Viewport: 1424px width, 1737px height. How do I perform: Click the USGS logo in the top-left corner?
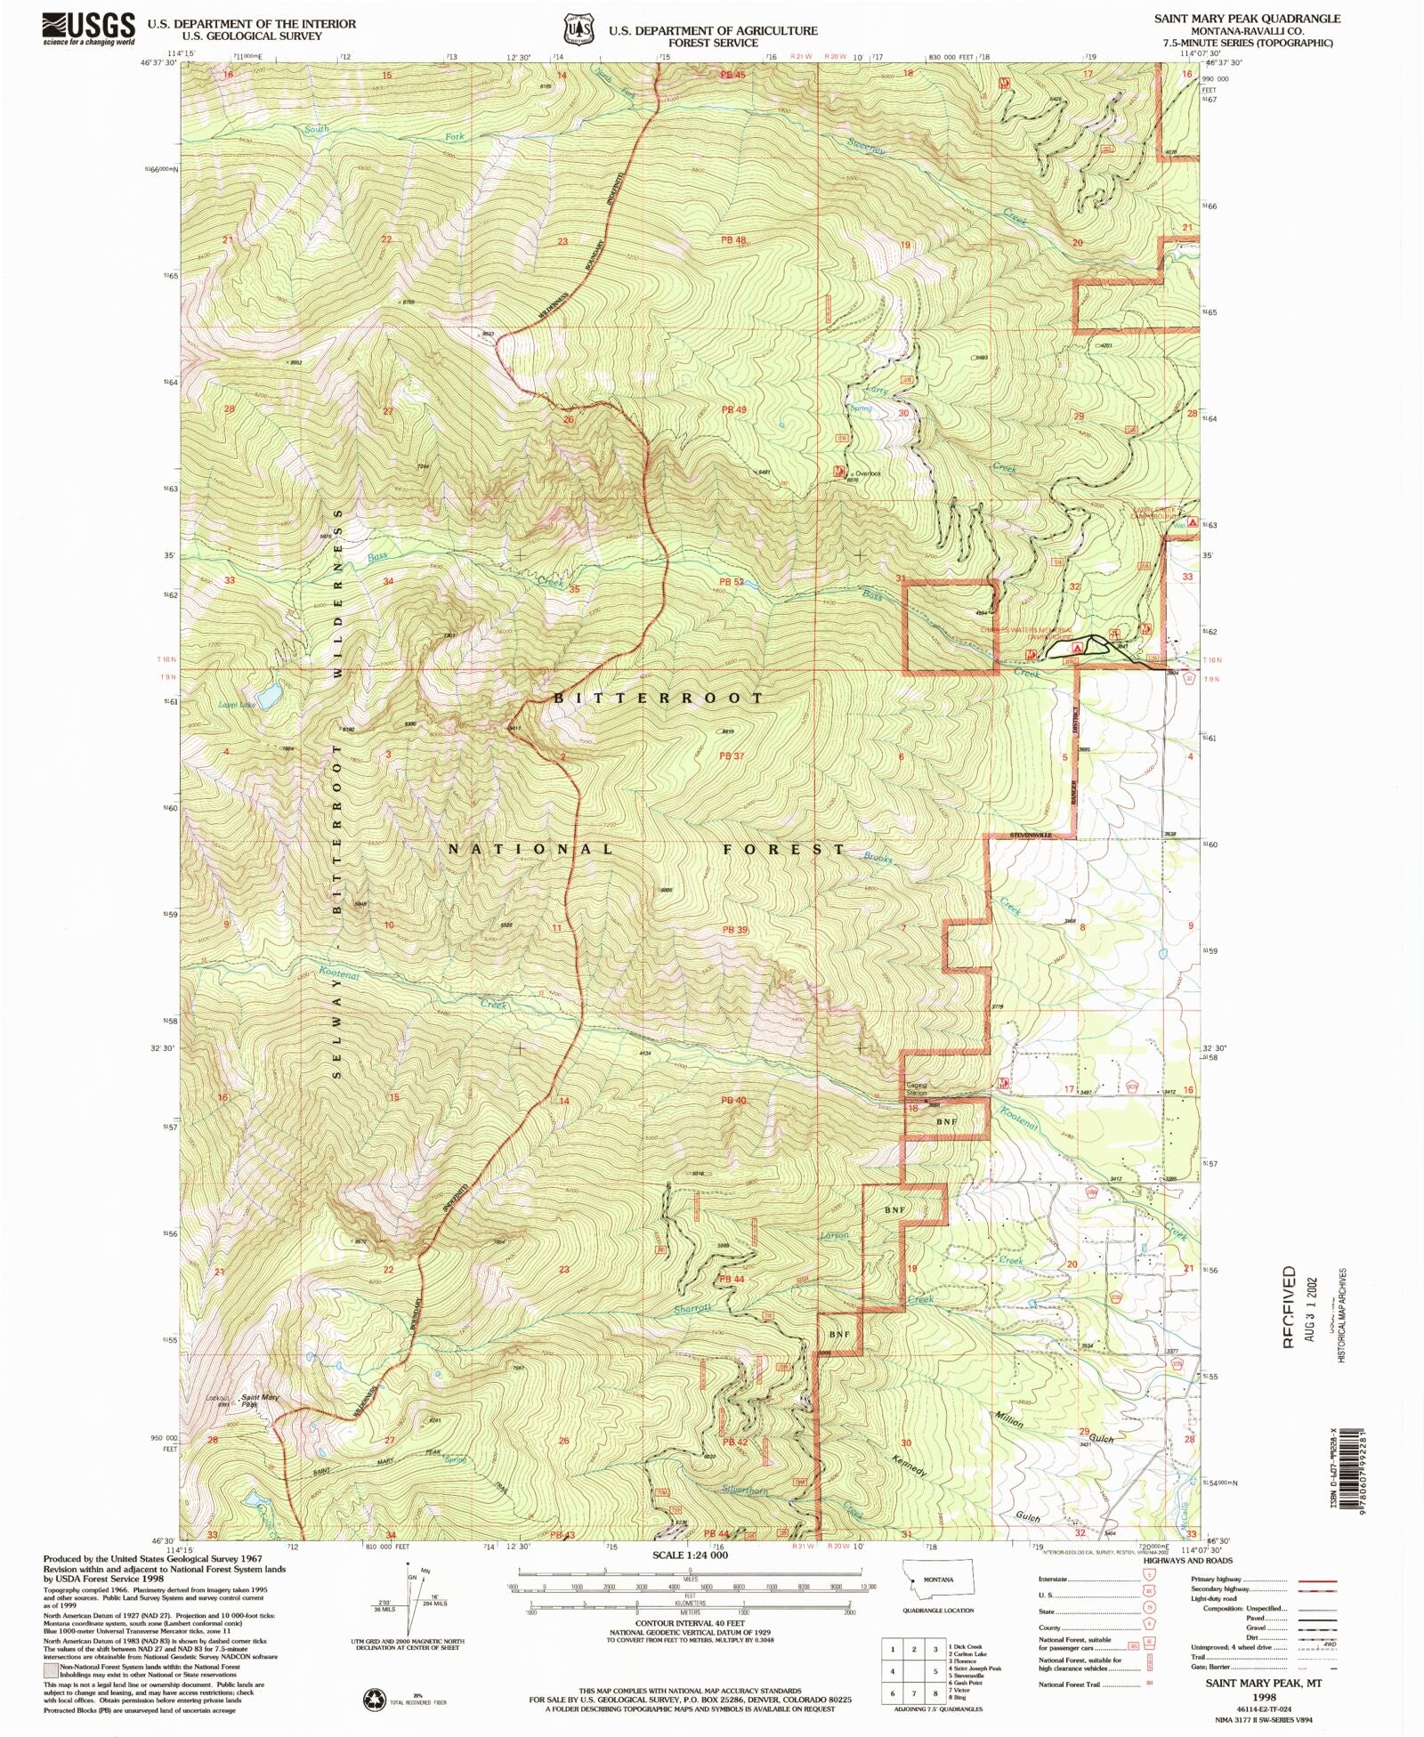point(88,28)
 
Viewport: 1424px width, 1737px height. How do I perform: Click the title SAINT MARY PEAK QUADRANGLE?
point(1247,18)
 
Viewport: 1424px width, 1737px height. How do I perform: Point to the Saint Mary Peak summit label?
point(260,1401)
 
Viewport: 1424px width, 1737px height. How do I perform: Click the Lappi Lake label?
point(236,705)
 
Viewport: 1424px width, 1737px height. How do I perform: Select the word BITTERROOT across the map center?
point(659,699)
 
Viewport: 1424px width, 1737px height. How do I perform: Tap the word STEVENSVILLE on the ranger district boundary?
point(1031,836)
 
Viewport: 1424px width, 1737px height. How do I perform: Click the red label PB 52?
point(732,582)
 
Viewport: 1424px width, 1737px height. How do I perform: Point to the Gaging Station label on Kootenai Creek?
point(917,1089)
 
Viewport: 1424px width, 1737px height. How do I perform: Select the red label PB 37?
point(732,756)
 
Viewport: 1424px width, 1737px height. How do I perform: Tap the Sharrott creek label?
point(692,1309)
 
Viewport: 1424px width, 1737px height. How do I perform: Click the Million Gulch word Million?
point(1009,1418)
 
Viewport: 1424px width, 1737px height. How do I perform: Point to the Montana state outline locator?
point(939,1579)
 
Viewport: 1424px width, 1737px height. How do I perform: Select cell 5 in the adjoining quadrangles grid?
point(914,1671)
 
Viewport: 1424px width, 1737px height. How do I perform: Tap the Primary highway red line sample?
point(1318,1579)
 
